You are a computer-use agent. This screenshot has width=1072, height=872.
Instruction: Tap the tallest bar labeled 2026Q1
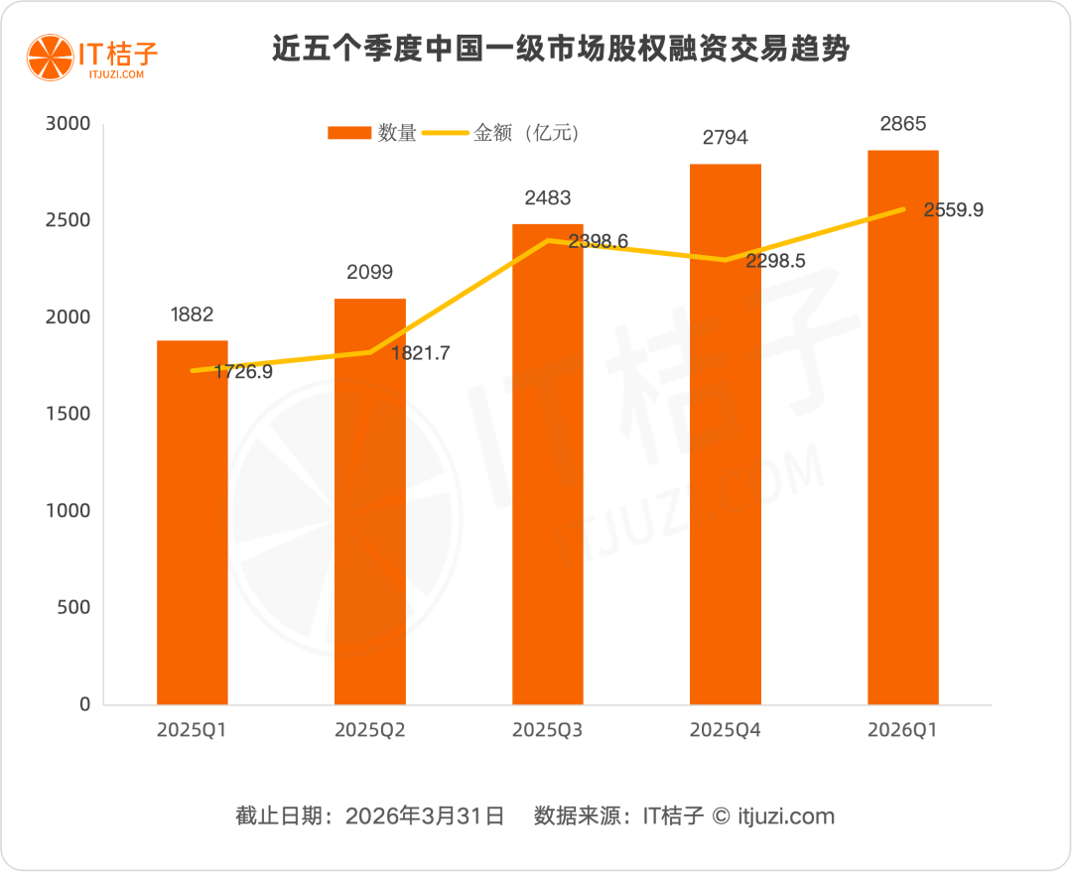(x=902, y=428)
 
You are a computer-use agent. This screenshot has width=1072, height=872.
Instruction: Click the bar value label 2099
(x=370, y=272)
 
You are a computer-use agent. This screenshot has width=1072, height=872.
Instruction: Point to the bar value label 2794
(x=725, y=138)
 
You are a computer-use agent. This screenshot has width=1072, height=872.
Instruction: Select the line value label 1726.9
(x=243, y=373)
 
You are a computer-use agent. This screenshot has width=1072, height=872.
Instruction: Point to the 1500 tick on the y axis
(x=70, y=414)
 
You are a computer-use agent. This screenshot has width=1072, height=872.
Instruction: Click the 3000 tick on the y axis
(x=70, y=124)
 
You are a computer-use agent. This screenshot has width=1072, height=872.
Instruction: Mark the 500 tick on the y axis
(x=75, y=607)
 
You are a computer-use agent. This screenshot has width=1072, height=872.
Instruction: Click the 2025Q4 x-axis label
(x=725, y=730)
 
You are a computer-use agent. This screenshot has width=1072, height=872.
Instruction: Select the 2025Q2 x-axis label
(x=370, y=730)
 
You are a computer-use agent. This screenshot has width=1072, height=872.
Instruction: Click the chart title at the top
(x=561, y=50)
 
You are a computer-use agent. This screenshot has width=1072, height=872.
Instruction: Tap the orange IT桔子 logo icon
(x=47, y=56)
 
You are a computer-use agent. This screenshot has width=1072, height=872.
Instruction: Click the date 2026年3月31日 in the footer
(x=425, y=816)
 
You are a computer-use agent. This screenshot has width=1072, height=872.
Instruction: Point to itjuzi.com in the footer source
(x=785, y=816)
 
